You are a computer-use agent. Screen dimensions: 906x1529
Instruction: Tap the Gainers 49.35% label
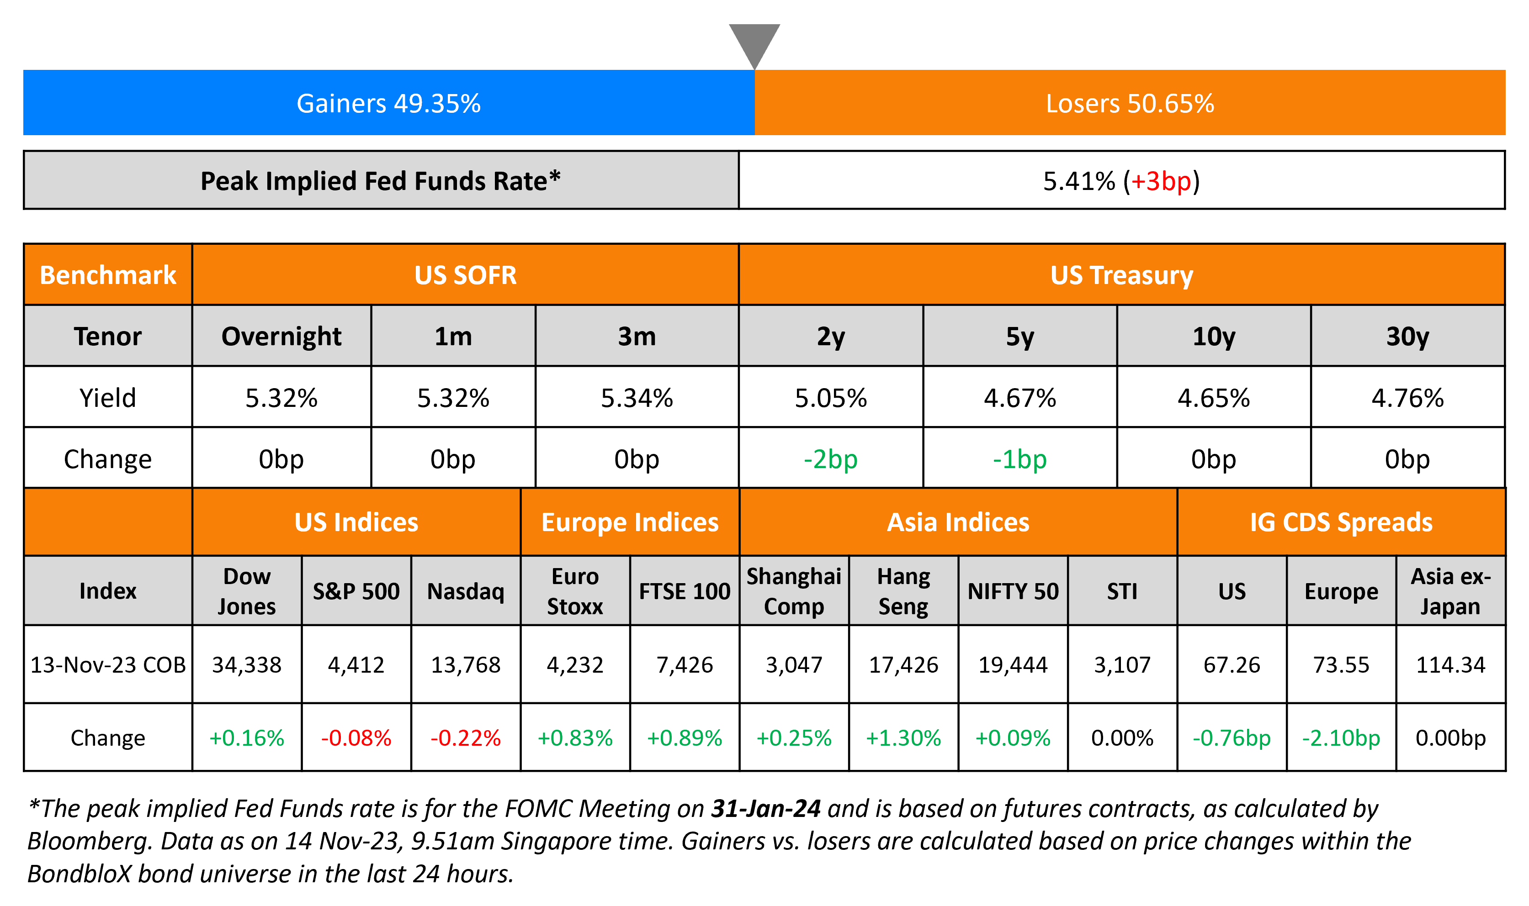[388, 103]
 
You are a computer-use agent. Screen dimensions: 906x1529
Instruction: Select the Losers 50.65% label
[1130, 103]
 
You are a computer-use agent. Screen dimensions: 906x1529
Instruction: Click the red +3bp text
[1161, 181]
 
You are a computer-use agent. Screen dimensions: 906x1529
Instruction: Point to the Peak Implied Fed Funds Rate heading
[380, 181]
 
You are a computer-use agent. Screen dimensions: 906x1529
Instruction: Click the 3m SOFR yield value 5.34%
[637, 398]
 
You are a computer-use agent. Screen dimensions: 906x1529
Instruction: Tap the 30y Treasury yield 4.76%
[1407, 398]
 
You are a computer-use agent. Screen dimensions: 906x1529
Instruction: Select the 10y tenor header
[1214, 337]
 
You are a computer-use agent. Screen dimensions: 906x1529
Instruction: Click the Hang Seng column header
[903, 591]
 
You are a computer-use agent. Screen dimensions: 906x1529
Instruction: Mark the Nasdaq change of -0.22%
[466, 738]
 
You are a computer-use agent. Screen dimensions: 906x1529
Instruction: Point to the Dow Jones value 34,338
[247, 665]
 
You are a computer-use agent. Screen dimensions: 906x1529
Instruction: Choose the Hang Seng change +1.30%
[903, 738]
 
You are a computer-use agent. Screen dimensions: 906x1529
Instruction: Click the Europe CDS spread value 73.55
[1342, 665]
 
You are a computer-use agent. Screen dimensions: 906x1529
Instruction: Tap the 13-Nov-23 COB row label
[108, 665]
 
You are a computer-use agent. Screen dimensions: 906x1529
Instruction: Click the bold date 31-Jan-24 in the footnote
[766, 809]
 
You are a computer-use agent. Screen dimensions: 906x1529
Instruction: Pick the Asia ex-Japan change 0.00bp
[1451, 738]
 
